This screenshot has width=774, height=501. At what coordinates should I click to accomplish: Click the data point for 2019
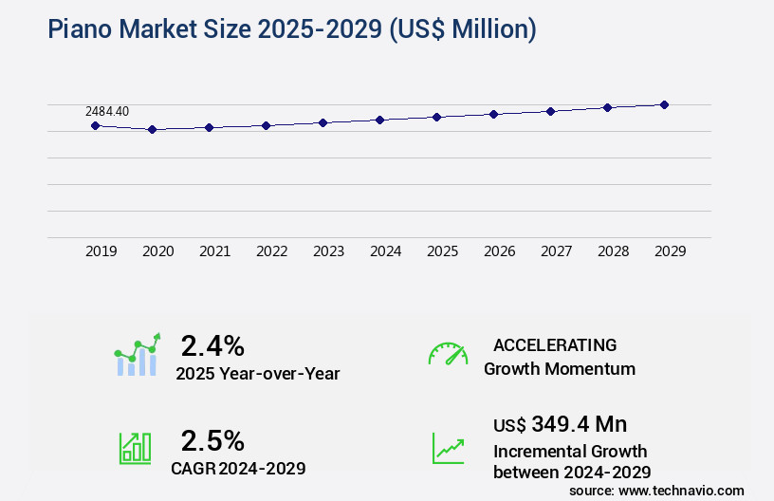tap(95, 125)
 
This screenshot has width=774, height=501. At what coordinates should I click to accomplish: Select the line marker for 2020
tap(152, 129)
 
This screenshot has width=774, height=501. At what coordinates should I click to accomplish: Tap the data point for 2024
tap(379, 120)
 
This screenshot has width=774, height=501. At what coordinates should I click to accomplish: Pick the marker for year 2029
tap(664, 104)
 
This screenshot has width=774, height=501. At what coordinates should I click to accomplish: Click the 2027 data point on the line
tap(550, 111)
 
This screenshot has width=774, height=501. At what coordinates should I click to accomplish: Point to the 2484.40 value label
tap(107, 111)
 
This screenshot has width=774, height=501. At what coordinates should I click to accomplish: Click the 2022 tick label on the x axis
tap(271, 251)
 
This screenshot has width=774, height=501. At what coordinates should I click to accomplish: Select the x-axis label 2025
tap(442, 251)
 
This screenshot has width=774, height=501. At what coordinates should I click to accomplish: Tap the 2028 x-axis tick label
tap(613, 251)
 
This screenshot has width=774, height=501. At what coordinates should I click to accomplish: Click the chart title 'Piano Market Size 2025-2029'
tap(292, 29)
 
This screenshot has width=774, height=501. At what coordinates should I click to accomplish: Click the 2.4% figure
tap(212, 344)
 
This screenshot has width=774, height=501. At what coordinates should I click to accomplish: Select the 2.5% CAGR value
tap(212, 440)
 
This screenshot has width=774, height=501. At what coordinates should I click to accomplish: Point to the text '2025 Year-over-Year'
tap(257, 374)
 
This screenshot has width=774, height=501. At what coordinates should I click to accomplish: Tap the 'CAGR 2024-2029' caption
tap(238, 468)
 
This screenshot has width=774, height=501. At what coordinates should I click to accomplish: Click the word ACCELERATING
tap(555, 344)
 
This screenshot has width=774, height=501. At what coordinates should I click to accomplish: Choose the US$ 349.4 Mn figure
tap(560, 423)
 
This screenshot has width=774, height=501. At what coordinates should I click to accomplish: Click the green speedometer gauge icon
tap(448, 354)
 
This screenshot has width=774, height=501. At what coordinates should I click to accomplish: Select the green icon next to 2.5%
tap(135, 448)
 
